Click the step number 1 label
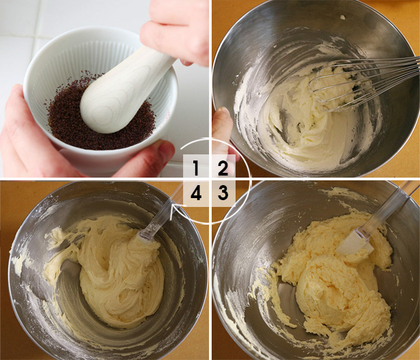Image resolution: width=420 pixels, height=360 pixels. pos(196,168)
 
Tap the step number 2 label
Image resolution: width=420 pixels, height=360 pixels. pos(223,168)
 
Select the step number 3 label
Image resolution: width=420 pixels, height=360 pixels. pos(223,193)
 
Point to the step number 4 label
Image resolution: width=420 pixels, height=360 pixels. pos(196,193)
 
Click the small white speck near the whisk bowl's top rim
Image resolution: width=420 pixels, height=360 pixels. pos(343,17)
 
